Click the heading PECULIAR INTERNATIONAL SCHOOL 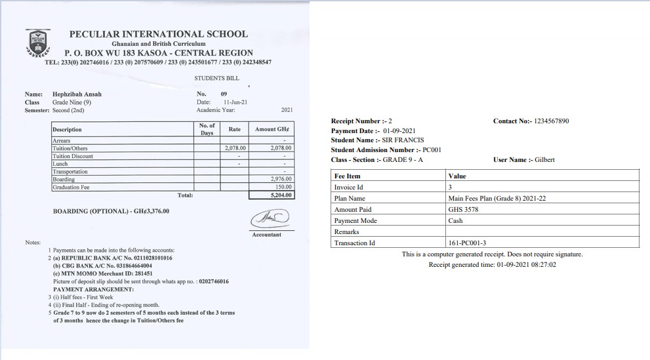click(x=159, y=34)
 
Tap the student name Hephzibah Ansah click(x=77, y=94)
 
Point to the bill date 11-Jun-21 click(x=235, y=102)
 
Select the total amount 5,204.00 click(x=281, y=195)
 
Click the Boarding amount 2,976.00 click(x=281, y=179)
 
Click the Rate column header click(x=234, y=129)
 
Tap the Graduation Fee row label click(x=70, y=188)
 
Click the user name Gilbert click(x=544, y=159)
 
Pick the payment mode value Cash click(x=456, y=221)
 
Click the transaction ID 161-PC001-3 click(x=467, y=243)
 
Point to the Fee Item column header click(x=348, y=176)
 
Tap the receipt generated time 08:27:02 click(x=543, y=265)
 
